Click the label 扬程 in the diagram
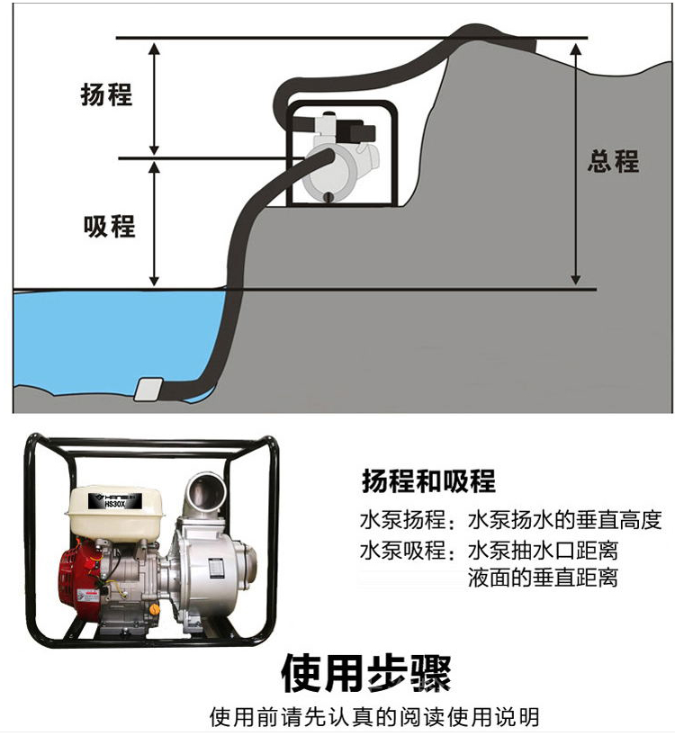coord(107,94)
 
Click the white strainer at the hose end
coord(147,389)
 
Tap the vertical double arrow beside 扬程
coord(155,98)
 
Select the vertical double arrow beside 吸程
coord(155,224)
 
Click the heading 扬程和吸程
coord(427,481)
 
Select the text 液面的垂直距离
coord(542,578)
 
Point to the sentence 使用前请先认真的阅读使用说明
coord(373,717)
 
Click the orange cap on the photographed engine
coord(153,609)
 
